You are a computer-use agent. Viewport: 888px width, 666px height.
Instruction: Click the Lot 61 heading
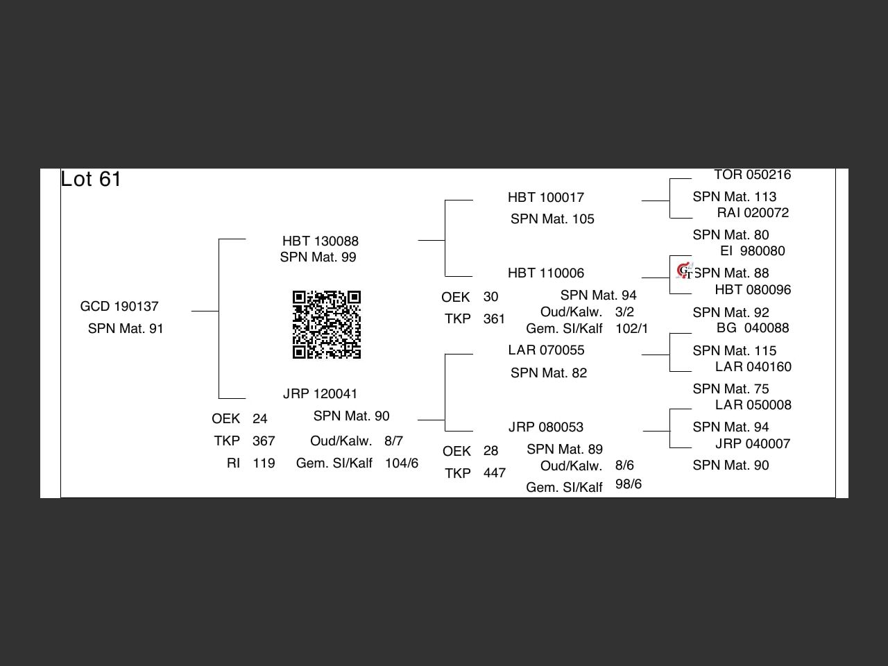coord(91,179)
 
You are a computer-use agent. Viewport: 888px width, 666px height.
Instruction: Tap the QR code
coord(327,325)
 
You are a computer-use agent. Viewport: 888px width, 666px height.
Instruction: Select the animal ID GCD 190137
coord(119,307)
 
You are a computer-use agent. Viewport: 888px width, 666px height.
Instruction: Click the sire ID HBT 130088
coord(321,241)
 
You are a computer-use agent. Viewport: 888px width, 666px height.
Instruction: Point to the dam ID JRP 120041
coord(320,394)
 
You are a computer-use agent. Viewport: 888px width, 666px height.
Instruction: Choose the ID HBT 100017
coord(546,198)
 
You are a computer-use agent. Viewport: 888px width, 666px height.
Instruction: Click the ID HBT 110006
coord(546,273)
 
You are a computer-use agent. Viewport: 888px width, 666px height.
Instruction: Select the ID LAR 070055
coord(546,350)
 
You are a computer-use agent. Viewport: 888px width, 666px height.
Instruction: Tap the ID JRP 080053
coord(546,427)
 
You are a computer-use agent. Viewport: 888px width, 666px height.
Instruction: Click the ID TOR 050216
coord(753,175)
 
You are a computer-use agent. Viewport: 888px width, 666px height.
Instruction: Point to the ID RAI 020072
coord(753,213)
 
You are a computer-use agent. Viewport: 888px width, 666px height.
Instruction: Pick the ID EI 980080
coord(753,251)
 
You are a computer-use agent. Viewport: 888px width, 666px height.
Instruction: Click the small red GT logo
coord(685,271)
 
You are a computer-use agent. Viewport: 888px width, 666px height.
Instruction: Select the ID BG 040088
coord(753,328)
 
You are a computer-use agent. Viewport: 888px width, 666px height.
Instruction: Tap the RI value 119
coord(264,463)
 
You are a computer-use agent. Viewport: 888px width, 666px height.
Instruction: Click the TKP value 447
coord(495,473)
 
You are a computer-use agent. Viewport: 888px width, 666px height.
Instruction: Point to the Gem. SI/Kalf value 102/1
coord(632,329)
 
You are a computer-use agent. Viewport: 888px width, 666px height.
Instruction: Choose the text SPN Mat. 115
coord(735,350)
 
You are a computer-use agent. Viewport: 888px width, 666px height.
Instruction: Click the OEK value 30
coord(490,297)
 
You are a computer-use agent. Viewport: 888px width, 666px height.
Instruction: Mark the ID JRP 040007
coord(753,444)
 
